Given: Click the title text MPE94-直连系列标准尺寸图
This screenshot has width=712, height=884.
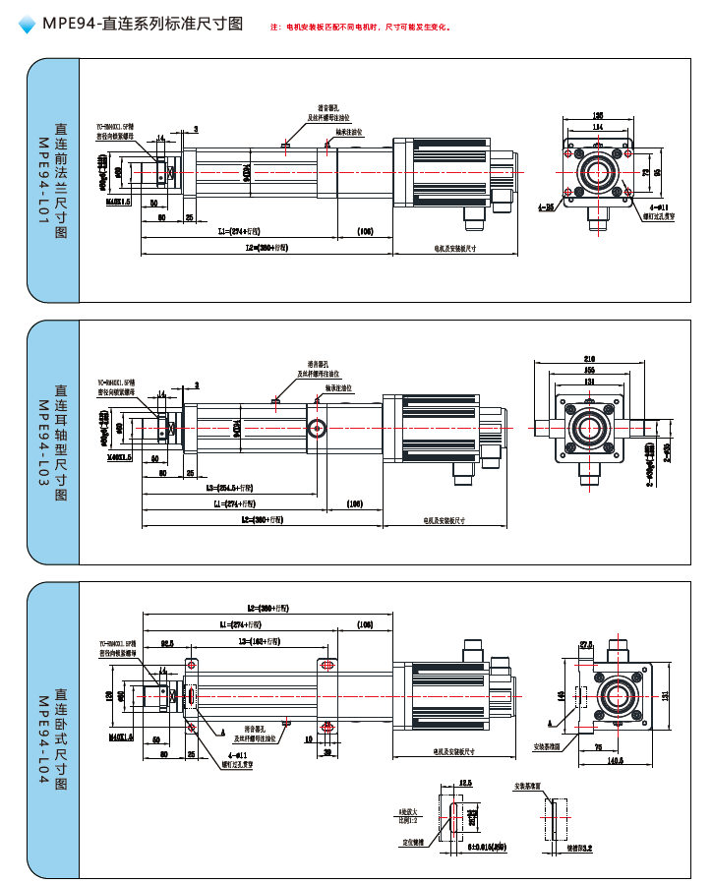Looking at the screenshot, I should (x=143, y=25).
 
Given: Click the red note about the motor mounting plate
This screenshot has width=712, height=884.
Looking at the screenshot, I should (x=361, y=28).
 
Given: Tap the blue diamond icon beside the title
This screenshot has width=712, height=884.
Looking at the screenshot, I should (x=28, y=26).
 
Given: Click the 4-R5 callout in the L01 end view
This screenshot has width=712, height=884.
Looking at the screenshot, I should (x=545, y=208).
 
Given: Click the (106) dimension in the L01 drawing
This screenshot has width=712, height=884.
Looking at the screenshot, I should (x=365, y=231).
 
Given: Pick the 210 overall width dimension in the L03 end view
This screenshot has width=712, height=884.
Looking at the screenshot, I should (x=590, y=358).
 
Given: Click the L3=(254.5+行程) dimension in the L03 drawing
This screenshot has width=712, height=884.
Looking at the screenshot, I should (x=229, y=488).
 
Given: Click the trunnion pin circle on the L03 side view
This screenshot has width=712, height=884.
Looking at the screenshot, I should (x=317, y=428).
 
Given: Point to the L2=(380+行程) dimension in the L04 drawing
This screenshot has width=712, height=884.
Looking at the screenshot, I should (x=265, y=609).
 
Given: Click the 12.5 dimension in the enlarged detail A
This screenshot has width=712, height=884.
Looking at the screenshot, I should (x=464, y=783).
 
